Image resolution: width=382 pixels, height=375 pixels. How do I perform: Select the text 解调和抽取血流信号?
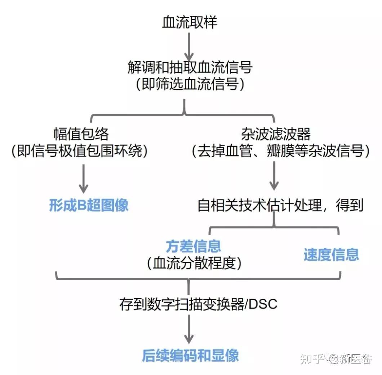(x=190, y=67)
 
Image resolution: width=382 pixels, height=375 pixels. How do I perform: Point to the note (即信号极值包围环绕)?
(x=79, y=152)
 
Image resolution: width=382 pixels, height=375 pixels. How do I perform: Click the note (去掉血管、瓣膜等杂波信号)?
(x=281, y=152)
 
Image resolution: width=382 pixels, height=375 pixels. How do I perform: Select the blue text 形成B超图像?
(x=89, y=206)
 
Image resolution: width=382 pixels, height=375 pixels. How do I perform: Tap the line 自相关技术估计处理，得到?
(x=280, y=206)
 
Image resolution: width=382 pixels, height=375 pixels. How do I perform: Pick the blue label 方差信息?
(x=193, y=246)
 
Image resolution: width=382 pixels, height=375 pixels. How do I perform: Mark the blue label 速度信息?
(x=331, y=255)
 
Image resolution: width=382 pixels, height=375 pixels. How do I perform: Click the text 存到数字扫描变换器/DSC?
(x=198, y=304)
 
